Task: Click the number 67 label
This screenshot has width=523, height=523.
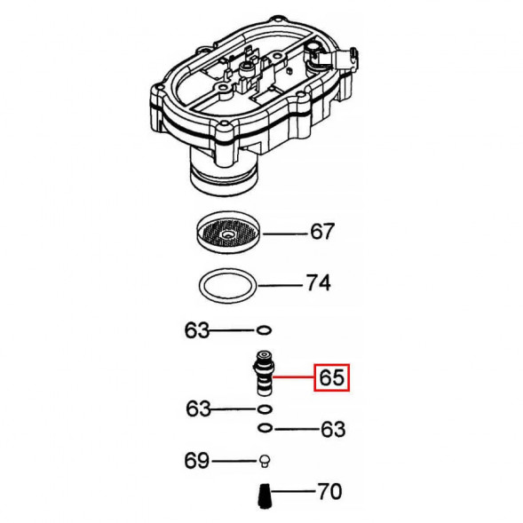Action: tap(321, 234)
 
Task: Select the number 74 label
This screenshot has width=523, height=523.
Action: tap(317, 284)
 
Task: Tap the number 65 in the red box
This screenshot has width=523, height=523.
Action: tap(330, 379)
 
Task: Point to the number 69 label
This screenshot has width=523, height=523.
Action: tap(196, 461)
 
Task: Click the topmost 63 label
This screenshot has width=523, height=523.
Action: tap(196, 331)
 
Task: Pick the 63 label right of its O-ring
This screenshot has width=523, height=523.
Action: tap(331, 430)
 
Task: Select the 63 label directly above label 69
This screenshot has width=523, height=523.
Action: tap(198, 409)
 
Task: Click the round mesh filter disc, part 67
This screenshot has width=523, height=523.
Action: tap(227, 234)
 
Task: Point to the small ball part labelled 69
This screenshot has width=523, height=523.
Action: tap(263, 461)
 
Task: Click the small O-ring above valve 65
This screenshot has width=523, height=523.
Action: tap(263, 331)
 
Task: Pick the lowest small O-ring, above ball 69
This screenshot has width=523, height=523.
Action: tap(264, 429)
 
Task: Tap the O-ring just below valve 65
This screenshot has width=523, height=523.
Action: tap(263, 409)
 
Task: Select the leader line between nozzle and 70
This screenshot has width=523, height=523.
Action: tap(292, 491)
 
